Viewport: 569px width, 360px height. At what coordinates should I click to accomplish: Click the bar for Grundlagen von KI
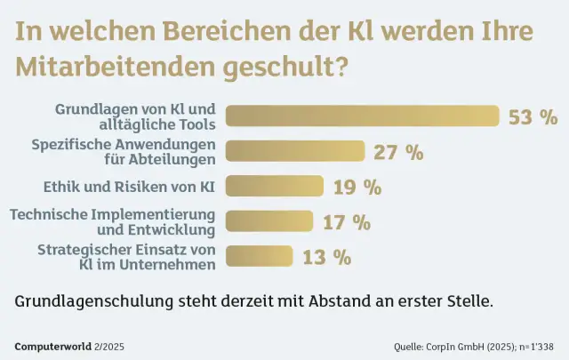point(362,116)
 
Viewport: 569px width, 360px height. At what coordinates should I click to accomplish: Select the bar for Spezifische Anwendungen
point(294,151)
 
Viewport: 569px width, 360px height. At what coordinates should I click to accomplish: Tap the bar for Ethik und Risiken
point(274,187)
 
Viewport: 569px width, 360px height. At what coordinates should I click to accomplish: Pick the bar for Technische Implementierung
point(269,221)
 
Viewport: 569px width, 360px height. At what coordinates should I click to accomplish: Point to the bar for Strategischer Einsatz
point(260,257)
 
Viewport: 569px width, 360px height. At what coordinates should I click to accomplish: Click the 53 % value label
point(533,116)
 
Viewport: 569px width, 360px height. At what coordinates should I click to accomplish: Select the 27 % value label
point(398,151)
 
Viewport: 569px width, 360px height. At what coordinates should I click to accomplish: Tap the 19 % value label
point(357,187)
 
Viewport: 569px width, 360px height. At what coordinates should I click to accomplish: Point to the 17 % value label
point(346,221)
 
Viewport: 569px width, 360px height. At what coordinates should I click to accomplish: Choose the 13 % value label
point(326,257)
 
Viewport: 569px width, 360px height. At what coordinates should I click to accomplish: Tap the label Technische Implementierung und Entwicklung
point(113,221)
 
